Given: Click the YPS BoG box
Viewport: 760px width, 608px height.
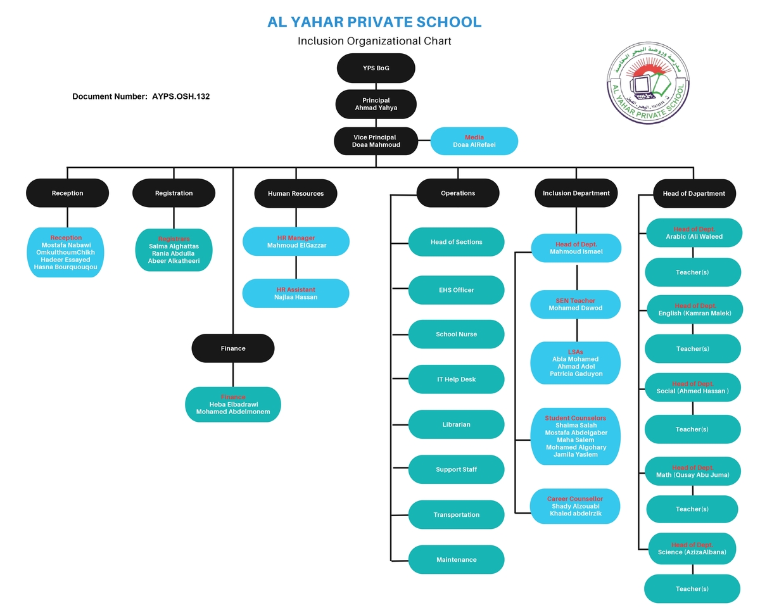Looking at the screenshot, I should click(376, 68).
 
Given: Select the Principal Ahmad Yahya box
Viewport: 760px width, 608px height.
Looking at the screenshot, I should click(376, 104).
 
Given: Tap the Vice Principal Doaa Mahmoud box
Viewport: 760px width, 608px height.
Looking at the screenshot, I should click(376, 141).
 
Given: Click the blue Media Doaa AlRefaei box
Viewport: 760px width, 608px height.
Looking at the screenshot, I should click(474, 141).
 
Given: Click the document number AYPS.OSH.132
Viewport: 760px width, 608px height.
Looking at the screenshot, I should click(141, 97).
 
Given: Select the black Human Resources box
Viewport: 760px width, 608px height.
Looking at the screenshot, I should click(296, 194).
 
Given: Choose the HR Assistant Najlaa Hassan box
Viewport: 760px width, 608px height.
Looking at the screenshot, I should click(296, 293).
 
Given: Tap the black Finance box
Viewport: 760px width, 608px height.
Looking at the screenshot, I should click(233, 348).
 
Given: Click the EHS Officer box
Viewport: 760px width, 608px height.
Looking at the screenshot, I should click(457, 290).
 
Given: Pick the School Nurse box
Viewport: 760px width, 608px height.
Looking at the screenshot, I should click(457, 334).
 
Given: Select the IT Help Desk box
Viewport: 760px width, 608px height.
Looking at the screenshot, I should click(457, 379).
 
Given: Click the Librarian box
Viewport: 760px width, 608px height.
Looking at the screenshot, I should click(457, 424).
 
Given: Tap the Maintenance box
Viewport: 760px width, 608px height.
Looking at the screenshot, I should click(457, 560).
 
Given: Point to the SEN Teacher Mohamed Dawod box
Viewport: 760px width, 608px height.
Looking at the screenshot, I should click(575, 305).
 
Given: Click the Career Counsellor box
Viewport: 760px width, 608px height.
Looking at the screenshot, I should click(575, 506).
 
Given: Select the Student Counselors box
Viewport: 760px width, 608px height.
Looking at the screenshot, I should click(575, 436).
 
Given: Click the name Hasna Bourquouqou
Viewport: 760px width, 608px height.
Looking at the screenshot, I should click(66, 267).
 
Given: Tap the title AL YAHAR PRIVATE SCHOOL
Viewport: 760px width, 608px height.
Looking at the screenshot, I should click(374, 22).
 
